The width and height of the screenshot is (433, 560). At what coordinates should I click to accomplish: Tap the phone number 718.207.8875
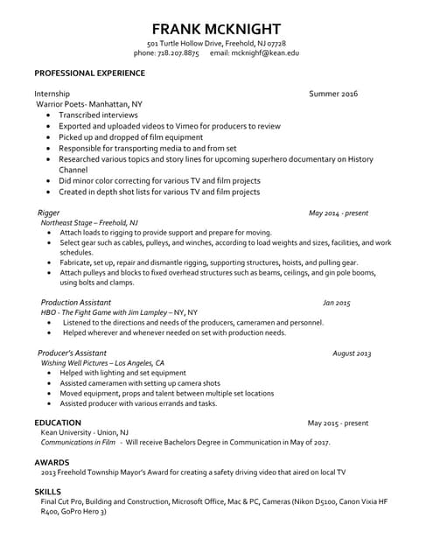[178, 53]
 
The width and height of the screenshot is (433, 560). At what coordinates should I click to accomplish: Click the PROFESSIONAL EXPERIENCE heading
[89, 73]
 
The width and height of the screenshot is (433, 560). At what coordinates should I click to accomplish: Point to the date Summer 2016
[333, 93]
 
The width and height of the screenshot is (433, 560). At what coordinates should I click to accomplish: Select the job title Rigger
[49, 213]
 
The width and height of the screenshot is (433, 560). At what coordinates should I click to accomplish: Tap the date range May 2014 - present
[339, 213]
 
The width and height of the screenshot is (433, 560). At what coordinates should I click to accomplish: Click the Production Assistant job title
[77, 302]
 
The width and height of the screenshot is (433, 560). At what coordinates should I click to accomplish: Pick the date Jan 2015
[336, 303]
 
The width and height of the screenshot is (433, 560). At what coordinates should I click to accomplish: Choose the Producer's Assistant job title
[77, 353]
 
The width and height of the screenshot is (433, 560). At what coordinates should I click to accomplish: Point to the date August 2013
[352, 353]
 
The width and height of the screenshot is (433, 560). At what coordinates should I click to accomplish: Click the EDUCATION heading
[58, 423]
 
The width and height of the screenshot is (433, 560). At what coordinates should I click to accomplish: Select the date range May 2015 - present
[338, 423]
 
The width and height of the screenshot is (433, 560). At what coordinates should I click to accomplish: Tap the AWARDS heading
[52, 461]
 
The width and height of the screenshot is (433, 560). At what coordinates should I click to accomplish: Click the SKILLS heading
[48, 492]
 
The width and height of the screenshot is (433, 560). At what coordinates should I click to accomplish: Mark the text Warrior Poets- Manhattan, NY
[88, 104]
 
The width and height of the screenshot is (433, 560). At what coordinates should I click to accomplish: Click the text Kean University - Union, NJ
[85, 432]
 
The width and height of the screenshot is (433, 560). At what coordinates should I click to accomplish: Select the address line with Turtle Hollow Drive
[216, 44]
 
